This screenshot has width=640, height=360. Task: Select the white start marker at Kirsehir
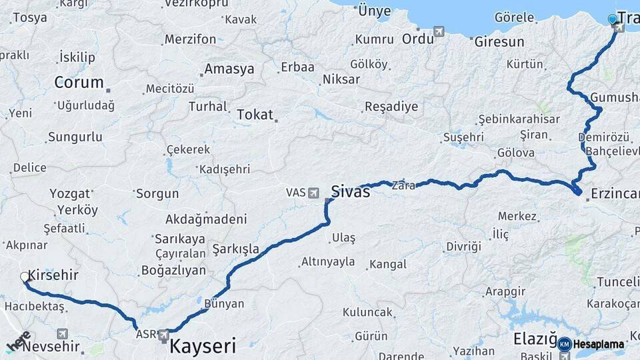pyautogui.click(x=25, y=277)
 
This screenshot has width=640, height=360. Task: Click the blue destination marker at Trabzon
pyautogui.click(x=613, y=19)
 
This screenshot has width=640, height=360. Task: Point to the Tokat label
pyautogui.click(x=255, y=115)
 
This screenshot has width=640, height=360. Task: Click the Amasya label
pyautogui.click(x=229, y=69)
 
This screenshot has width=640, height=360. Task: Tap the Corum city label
pyautogui.click(x=79, y=83)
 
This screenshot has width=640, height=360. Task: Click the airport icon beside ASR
pyautogui.click(x=163, y=334)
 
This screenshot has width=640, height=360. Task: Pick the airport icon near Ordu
pyautogui.click(x=439, y=31)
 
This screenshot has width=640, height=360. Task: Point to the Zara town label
pyautogui.click(x=403, y=185)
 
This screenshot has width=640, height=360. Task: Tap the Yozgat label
pyautogui.click(x=69, y=194)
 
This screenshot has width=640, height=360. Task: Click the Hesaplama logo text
pyautogui.click(x=598, y=344)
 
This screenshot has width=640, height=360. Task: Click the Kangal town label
pyautogui.click(x=387, y=265)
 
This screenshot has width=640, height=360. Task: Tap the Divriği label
pyautogui.click(x=463, y=246)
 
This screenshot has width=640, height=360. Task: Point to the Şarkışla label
pyautogui.click(x=235, y=249)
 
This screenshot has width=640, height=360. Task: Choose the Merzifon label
pyautogui.click(x=190, y=39)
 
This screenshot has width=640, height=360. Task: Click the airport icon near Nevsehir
pyautogui.click(x=62, y=333)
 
